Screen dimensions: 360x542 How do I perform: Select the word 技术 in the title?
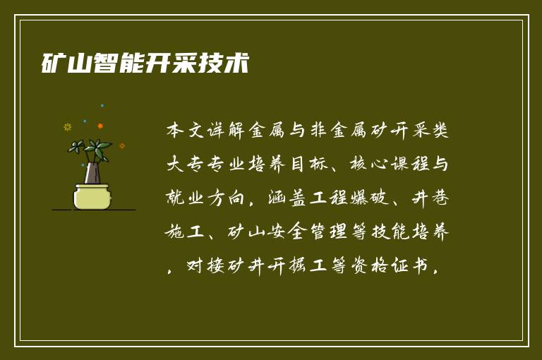point(224,64)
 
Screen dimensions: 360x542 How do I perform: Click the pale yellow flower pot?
point(92,196)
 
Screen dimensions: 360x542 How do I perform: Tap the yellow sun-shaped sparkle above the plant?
point(68,127)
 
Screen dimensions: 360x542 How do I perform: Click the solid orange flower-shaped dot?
point(100,126)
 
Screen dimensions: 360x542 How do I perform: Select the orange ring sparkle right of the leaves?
point(121,146)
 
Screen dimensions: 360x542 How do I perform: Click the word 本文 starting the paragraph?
point(186,131)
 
